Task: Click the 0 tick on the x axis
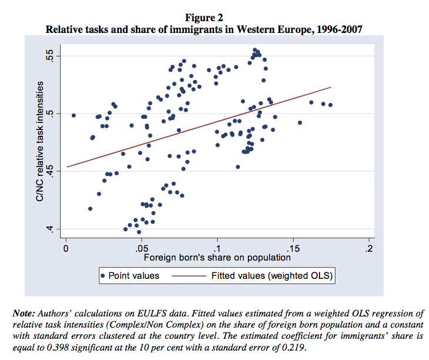coord(66,248)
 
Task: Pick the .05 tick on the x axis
coord(141,248)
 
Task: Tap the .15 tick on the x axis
coord(293,248)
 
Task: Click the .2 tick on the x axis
coord(369,248)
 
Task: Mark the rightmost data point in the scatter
coord(331,105)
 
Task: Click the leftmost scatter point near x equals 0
coord(74,115)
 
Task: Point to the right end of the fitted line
coord(331,87)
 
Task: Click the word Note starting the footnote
coord(24,313)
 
